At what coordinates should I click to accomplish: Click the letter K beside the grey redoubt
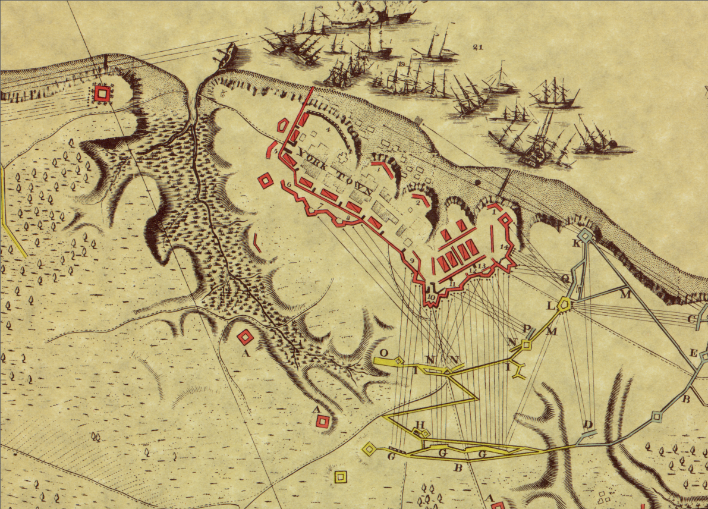[575, 244]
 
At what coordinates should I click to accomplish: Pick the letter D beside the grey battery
[589, 425]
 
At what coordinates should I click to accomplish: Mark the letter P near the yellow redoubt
[526, 329]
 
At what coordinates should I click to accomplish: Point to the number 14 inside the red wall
[504, 246]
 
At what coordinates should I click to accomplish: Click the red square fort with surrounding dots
[103, 93]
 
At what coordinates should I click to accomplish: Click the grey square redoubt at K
[586, 236]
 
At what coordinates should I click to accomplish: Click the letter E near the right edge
[693, 353]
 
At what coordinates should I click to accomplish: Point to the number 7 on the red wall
[320, 206]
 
